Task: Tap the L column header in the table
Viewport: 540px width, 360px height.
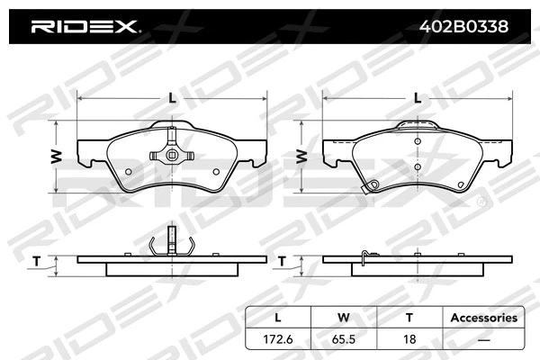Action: tap(277, 318)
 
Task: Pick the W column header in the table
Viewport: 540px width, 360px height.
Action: tap(344, 318)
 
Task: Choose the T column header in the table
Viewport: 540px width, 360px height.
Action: tap(409, 318)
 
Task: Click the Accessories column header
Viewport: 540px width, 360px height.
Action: tap(483, 318)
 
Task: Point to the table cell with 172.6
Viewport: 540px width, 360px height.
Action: tap(277, 339)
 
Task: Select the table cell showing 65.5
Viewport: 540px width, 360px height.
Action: tap(344, 339)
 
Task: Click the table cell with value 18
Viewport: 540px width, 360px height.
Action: tap(409, 339)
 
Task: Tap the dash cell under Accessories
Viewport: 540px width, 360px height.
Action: tap(483, 339)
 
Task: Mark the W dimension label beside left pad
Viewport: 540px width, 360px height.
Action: tap(57, 156)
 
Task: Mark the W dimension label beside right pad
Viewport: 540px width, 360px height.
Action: tap(302, 156)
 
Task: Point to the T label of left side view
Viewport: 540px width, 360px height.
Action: tap(36, 261)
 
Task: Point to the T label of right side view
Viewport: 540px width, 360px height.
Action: tap(282, 261)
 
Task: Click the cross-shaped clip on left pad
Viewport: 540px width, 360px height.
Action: tap(172, 154)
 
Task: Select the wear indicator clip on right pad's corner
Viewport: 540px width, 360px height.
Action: tap(367, 188)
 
